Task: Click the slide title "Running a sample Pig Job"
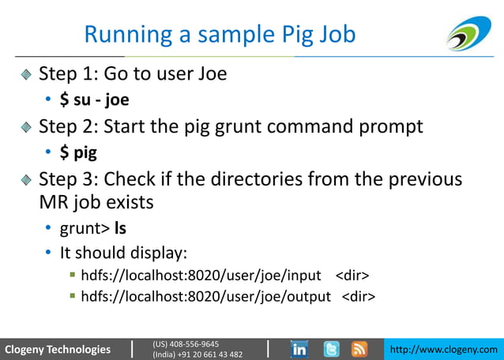220,36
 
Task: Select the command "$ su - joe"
94,100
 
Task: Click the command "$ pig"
78,152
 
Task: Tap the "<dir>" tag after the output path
358,297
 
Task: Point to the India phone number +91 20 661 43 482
197,354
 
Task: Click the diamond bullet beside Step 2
28,127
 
